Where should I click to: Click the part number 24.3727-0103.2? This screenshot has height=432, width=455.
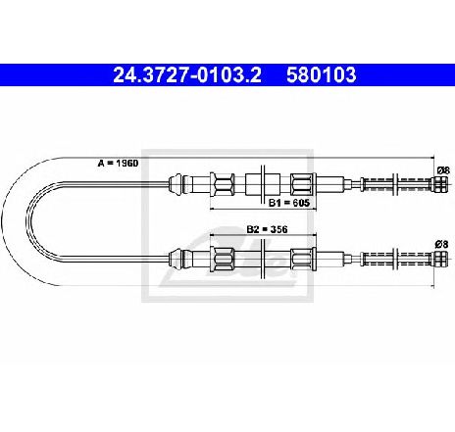coord(187,74)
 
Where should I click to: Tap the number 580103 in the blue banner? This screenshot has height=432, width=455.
coord(321,74)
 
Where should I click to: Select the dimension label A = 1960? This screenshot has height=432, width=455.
coord(118,163)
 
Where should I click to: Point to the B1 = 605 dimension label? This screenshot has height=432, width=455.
coord(289,203)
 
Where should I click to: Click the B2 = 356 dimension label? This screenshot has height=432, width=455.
coord(267,229)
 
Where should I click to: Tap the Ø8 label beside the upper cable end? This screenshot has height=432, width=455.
coord(443,170)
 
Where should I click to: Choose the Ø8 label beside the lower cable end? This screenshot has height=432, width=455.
coord(441,244)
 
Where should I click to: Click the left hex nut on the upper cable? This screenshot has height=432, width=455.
coord(223,184)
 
